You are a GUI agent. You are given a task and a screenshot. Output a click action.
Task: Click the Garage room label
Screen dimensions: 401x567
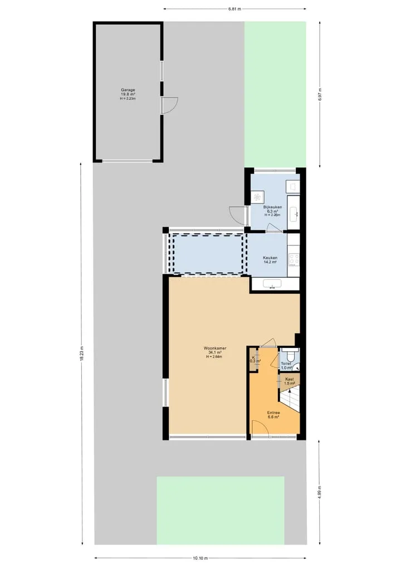pos(128,90)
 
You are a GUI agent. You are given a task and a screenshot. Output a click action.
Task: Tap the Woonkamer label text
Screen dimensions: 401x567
pos(215,348)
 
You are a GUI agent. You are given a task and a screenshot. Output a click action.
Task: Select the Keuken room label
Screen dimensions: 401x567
pos(270,258)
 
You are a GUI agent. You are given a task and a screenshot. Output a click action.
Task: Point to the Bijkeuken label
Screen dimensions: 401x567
pos(272,207)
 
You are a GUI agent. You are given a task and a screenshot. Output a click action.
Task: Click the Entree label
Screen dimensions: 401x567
pos(273,413)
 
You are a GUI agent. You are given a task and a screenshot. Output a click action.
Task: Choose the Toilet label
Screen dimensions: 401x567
pos(286,364)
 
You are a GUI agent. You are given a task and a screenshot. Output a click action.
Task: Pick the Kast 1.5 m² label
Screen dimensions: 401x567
pos(290,381)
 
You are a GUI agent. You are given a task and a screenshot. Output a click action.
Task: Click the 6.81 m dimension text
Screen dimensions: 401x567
pos(234,9)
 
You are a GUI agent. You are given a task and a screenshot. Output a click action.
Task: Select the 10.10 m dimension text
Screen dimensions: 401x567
pos(200,558)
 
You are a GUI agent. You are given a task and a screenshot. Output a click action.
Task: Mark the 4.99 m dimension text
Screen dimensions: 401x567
pos(320,492)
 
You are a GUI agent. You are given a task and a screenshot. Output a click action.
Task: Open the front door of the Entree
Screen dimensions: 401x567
pos(260,429)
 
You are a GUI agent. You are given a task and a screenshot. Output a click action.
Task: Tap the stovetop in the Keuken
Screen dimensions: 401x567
pos(294,259)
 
